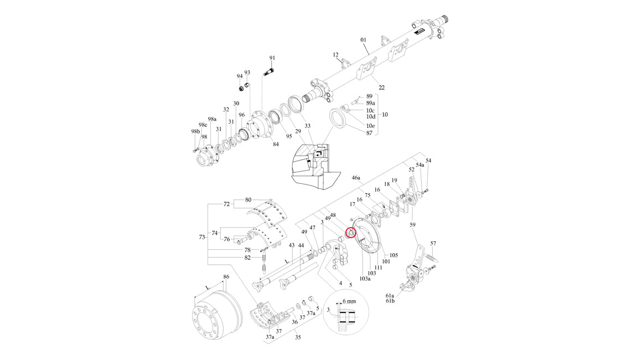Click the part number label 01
(x=364, y=40)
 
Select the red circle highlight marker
(x=350, y=233)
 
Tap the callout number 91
(x=272, y=58)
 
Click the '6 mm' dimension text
(x=350, y=301)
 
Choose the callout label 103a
(x=365, y=279)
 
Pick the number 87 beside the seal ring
(x=370, y=133)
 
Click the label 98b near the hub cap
(x=195, y=131)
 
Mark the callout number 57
(x=433, y=244)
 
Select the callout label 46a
(x=356, y=178)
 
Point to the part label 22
(x=381, y=88)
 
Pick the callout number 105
(x=394, y=255)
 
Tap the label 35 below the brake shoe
(x=297, y=336)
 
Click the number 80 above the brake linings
(x=248, y=199)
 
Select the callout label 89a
(x=371, y=103)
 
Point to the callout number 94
(x=240, y=76)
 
